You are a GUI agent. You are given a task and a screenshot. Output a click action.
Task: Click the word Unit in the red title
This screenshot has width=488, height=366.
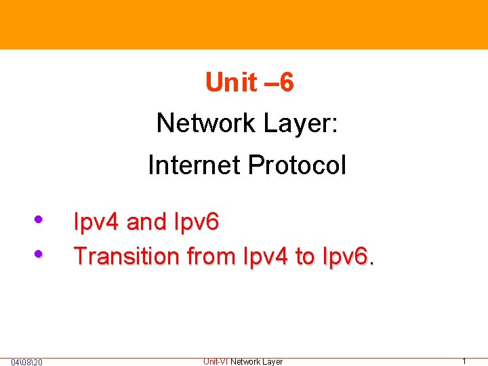231,83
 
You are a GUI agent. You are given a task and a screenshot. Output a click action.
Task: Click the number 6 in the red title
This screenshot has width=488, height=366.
286,83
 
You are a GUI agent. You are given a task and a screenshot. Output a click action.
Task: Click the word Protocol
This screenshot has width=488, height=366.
298,165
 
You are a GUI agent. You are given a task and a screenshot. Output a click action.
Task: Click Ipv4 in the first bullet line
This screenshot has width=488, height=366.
96,222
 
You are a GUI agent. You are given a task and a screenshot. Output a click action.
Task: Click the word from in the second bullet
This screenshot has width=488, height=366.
211,256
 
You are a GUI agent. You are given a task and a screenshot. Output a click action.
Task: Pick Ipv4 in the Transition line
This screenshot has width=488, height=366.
264,256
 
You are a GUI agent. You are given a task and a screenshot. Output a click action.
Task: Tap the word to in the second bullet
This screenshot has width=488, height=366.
305,256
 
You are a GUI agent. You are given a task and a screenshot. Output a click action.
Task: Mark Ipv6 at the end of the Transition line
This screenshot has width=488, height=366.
346,256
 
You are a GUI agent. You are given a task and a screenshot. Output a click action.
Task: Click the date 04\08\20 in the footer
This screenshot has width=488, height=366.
27,362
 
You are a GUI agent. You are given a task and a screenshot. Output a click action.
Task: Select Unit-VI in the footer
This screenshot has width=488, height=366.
216,362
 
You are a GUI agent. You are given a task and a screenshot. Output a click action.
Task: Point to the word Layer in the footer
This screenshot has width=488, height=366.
272,362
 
